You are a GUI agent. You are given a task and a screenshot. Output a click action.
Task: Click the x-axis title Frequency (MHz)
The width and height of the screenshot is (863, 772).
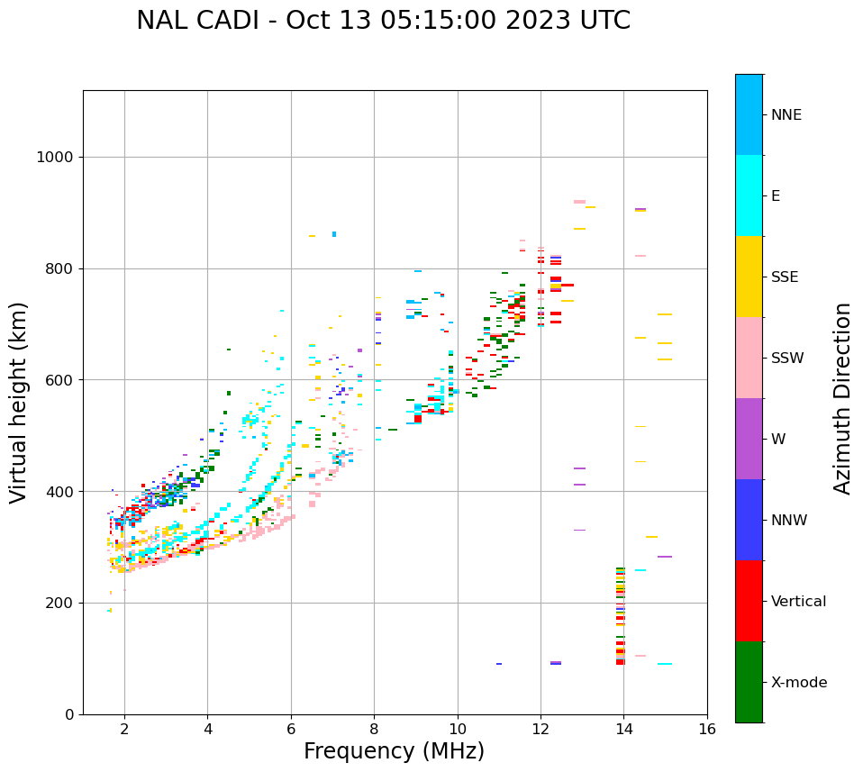click(x=394, y=751)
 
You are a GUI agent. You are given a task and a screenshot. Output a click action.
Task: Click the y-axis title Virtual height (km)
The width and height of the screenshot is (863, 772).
click(x=19, y=402)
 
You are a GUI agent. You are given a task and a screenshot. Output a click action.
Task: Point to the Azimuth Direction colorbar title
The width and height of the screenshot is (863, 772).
click(x=842, y=398)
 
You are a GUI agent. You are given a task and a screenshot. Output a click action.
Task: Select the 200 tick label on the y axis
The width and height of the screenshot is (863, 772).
click(x=59, y=603)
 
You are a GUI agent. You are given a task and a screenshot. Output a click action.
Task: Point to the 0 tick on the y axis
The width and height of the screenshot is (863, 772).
click(x=69, y=714)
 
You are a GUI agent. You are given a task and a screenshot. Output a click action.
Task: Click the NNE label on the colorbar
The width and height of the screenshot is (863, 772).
click(x=786, y=115)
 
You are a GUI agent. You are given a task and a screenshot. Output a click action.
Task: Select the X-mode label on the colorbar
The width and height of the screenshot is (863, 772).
click(x=799, y=683)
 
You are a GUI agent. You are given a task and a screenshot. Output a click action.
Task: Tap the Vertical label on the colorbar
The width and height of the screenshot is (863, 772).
click(x=798, y=602)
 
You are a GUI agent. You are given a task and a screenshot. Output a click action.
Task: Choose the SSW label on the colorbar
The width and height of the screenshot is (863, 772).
click(x=787, y=359)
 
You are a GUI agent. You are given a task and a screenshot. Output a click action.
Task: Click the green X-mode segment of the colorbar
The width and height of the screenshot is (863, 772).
click(x=749, y=682)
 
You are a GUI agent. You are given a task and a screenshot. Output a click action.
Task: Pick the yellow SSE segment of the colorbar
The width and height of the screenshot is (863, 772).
click(x=749, y=277)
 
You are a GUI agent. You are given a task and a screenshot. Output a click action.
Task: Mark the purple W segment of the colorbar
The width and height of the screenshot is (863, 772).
click(x=749, y=439)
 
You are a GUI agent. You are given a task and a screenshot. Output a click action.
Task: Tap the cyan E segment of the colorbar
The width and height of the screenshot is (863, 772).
click(x=749, y=195)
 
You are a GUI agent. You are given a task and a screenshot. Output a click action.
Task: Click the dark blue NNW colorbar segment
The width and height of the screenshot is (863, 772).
click(x=749, y=520)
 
